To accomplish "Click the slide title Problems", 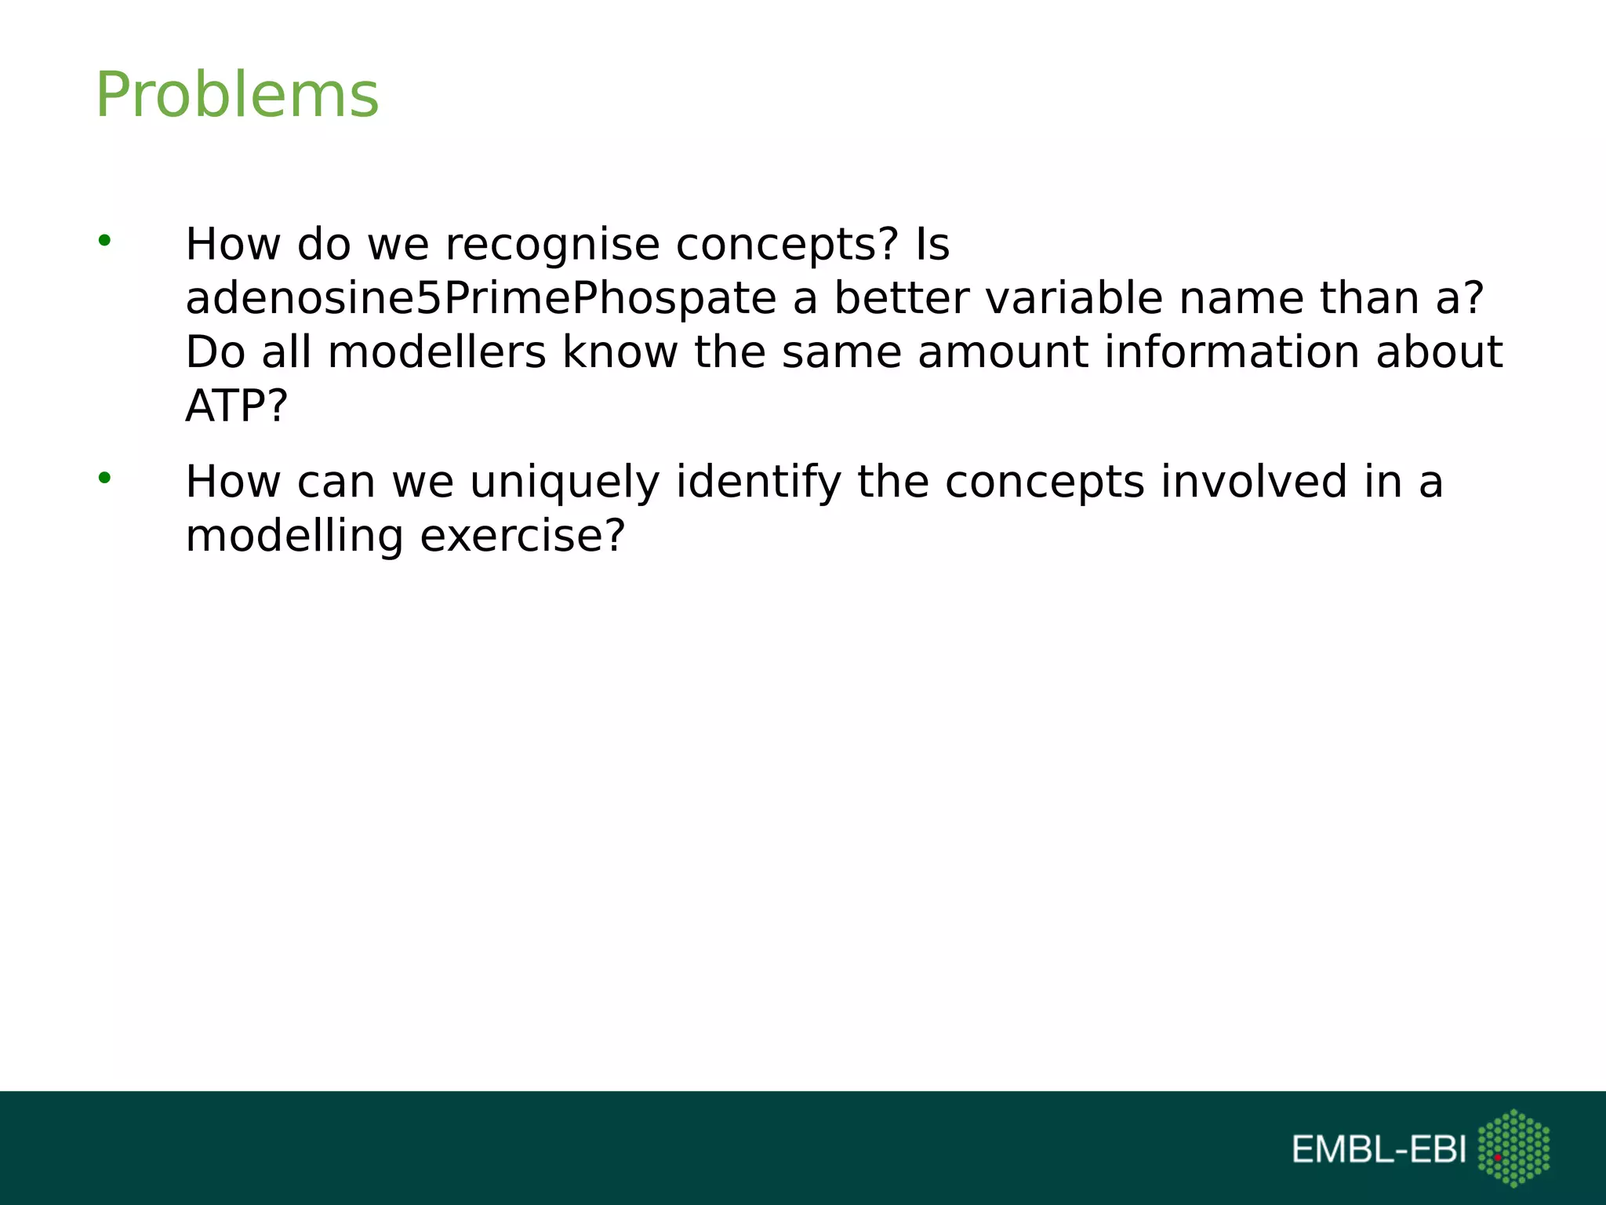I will point(237,95).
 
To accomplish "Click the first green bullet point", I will point(104,241).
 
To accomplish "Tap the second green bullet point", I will point(104,478).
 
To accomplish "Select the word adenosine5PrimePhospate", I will point(481,299).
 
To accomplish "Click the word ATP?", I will point(237,406).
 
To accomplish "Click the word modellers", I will point(437,352).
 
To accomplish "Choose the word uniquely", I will point(565,482).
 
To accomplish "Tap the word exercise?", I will point(522,537).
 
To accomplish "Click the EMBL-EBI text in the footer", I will point(1379,1150).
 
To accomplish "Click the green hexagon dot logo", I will point(1513,1148).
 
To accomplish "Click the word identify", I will point(758,482).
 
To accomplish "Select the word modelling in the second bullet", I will point(294,538).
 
